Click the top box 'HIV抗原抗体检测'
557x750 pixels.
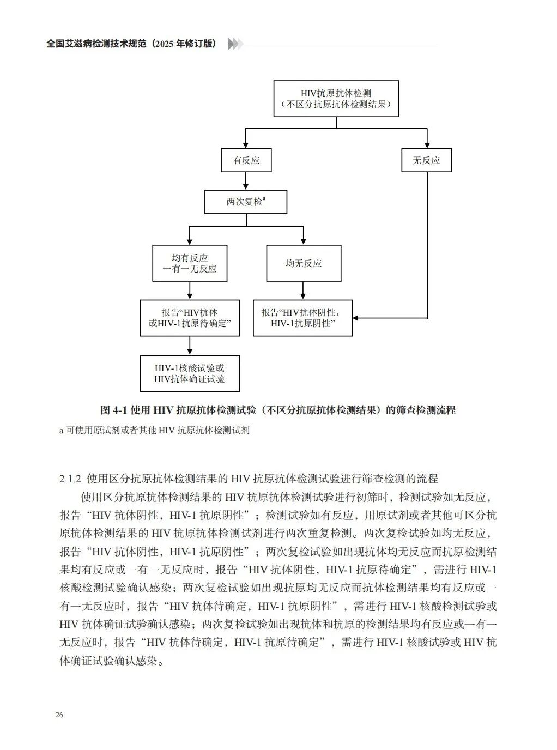(x=336, y=99)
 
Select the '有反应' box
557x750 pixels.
(x=246, y=160)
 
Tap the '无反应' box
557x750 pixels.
(x=426, y=160)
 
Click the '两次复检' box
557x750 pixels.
(x=246, y=202)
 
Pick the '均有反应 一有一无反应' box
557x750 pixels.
(x=190, y=263)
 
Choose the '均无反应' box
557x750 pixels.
(x=304, y=263)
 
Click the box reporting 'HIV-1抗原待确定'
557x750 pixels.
(x=190, y=318)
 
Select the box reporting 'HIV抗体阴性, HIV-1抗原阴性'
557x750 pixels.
(x=303, y=318)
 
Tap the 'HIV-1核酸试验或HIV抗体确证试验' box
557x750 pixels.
(x=190, y=373)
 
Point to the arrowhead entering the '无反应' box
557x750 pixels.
(x=427, y=145)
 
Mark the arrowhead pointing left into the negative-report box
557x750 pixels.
(x=356, y=318)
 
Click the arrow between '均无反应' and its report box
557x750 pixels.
(x=304, y=291)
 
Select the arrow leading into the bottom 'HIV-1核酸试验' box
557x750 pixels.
(x=190, y=346)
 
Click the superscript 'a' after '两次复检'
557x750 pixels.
(x=264, y=199)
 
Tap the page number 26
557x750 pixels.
(x=59, y=715)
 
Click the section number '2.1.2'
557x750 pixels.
(x=70, y=479)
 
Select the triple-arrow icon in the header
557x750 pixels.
(x=235, y=44)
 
